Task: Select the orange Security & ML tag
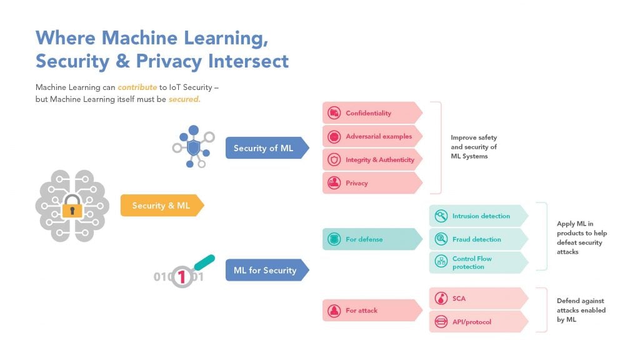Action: (x=161, y=206)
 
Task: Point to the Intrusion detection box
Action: (x=478, y=216)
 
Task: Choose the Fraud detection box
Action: (x=478, y=239)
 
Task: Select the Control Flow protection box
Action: (x=478, y=262)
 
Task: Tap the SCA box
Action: (x=478, y=299)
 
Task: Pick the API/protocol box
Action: (x=478, y=322)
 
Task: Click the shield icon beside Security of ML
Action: (x=194, y=147)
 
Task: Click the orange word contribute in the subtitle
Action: (x=137, y=87)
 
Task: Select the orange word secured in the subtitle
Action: (x=184, y=99)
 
